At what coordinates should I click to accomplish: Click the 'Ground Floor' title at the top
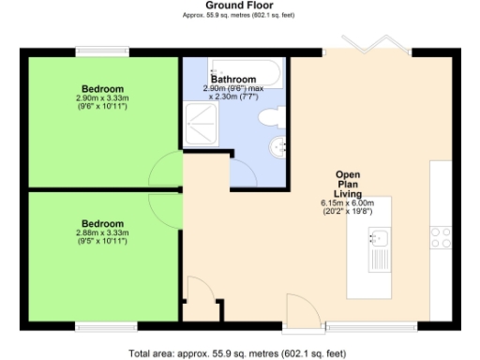[239, 6]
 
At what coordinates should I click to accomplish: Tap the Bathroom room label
[233, 80]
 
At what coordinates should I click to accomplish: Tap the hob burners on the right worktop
[441, 237]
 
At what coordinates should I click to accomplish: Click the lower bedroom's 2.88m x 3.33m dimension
[102, 232]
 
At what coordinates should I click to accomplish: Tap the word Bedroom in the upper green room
[102, 88]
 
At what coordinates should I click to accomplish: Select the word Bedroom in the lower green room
[102, 223]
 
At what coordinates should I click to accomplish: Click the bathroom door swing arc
[242, 173]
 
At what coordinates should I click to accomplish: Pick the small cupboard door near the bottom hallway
[199, 291]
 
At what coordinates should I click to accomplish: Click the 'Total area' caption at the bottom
[239, 353]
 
